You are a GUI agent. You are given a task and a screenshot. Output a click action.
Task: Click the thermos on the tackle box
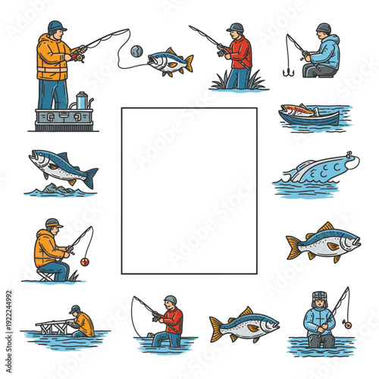tap(81, 100)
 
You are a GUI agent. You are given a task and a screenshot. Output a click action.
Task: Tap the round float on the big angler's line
tap(136, 51)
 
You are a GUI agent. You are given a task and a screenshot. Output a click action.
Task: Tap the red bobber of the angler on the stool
tap(84, 262)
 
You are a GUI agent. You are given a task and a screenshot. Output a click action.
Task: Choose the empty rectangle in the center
tap(189, 190)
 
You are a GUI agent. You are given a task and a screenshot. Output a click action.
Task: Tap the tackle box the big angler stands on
tap(64, 118)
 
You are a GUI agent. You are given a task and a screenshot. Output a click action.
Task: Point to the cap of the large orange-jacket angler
tap(56, 27)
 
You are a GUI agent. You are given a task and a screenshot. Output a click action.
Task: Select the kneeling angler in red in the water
tap(166, 322)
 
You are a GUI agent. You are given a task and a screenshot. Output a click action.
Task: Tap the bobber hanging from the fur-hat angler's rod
tap(347, 324)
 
